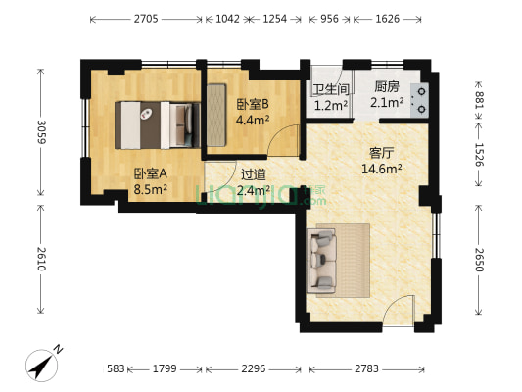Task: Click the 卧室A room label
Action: (x=150, y=173)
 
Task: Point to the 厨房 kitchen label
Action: (x=387, y=86)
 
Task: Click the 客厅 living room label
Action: (x=382, y=153)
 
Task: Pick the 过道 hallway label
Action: (x=253, y=174)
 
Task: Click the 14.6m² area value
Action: (x=382, y=169)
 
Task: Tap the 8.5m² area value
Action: (x=150, y=190)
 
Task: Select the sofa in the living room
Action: (x=322, y=260)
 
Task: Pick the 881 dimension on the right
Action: (x=479, y=99)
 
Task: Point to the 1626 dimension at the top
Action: (x=388, y=19)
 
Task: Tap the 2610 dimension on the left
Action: (x=40, y=267)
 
